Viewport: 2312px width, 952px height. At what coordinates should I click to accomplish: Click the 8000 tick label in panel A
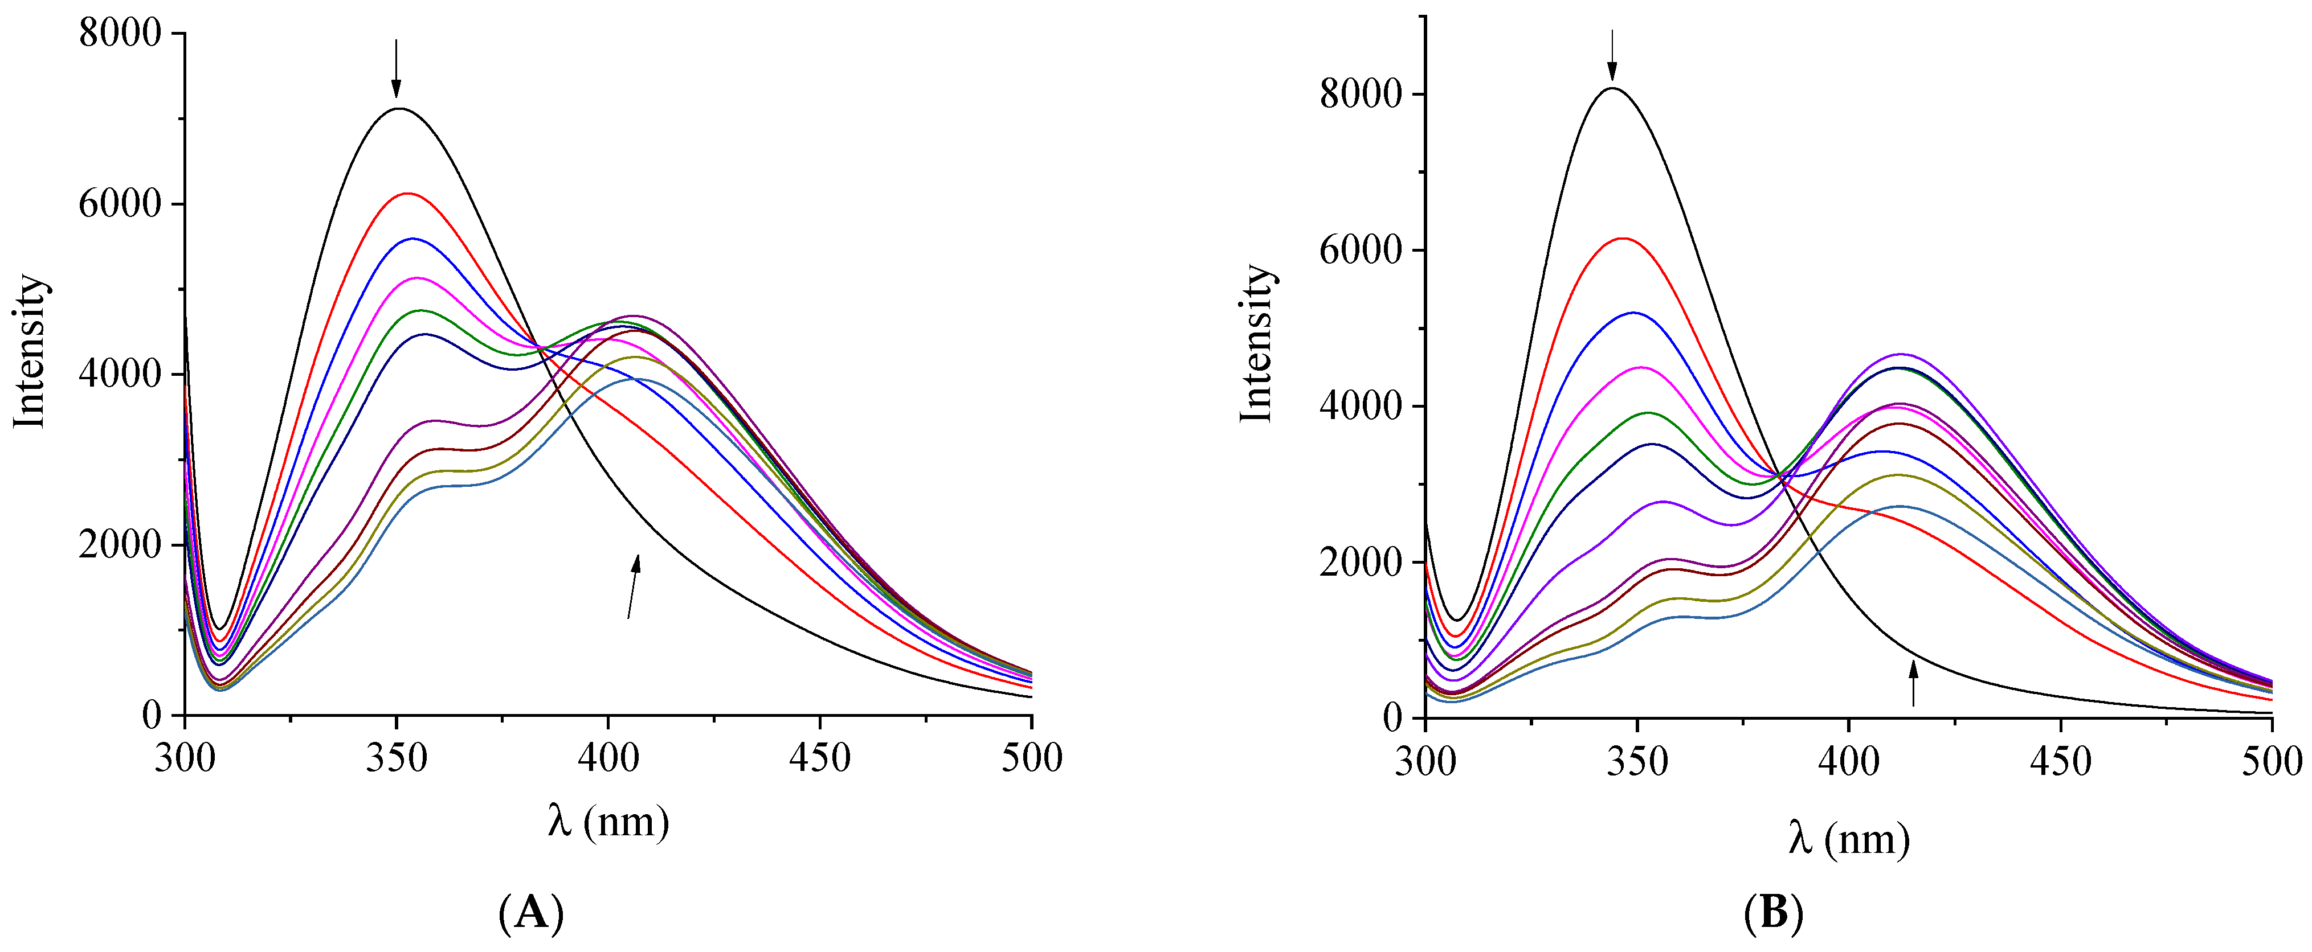tap(120, 34)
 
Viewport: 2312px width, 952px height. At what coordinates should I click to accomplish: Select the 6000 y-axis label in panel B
tap(1360, 251)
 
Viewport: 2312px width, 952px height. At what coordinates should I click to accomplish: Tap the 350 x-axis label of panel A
tap(396, 758)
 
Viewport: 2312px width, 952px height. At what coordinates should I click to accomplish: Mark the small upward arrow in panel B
tap(1913, 683)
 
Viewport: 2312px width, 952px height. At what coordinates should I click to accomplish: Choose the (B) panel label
tap(1772, 914)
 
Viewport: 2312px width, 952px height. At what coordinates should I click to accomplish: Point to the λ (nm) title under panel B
tap(1848, 838)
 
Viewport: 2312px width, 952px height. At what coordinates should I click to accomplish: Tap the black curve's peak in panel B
tap(1613, 88)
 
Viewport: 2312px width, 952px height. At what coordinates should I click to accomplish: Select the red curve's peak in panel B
tap(1623, 239)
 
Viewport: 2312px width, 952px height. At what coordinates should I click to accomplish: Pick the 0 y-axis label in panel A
tap(151, 715)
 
